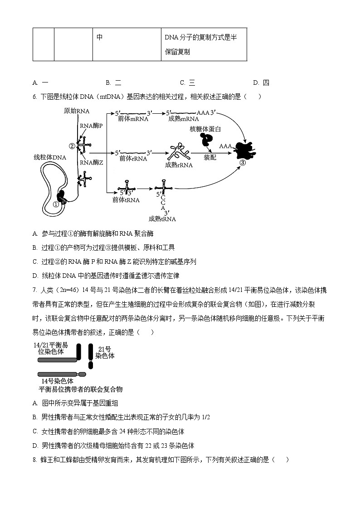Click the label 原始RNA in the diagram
pyautogui.click(x=76, y=111)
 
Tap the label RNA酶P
pyautogui.click(x=91, y=126)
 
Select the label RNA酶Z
pyautogui.click(x=91, y=162)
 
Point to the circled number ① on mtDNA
pyautogui.click(x=56, y=204)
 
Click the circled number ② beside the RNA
pyautogui.click(x=72, y=146)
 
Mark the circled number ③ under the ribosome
pyautogui.click(x=243, y=164)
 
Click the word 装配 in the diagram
pyautogui.click(x=210, y=157)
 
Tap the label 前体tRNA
pyautogui.click(x=126, y=199)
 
